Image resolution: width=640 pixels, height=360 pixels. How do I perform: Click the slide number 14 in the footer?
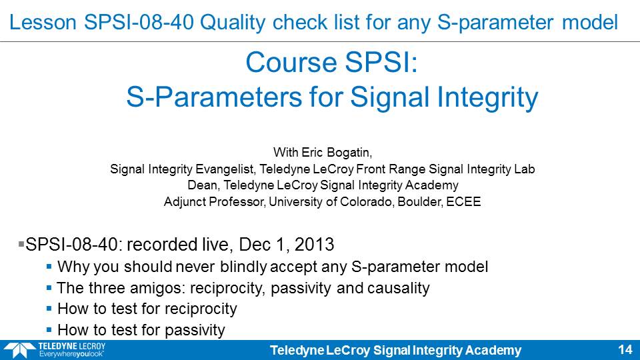[625, 350]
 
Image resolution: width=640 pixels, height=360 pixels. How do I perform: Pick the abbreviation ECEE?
[463, 201]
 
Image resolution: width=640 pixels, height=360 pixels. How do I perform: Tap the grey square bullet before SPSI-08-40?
[21, 244]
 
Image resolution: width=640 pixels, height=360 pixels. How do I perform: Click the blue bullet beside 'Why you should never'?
[49, 267]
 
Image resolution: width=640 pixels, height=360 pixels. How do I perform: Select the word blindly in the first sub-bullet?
[243, 267]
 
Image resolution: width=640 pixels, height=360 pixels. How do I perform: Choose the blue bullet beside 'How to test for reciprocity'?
[49, 309]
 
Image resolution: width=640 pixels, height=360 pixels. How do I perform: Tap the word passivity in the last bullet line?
[195, 330]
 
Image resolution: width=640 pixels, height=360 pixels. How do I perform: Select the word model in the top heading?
[590, 23]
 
